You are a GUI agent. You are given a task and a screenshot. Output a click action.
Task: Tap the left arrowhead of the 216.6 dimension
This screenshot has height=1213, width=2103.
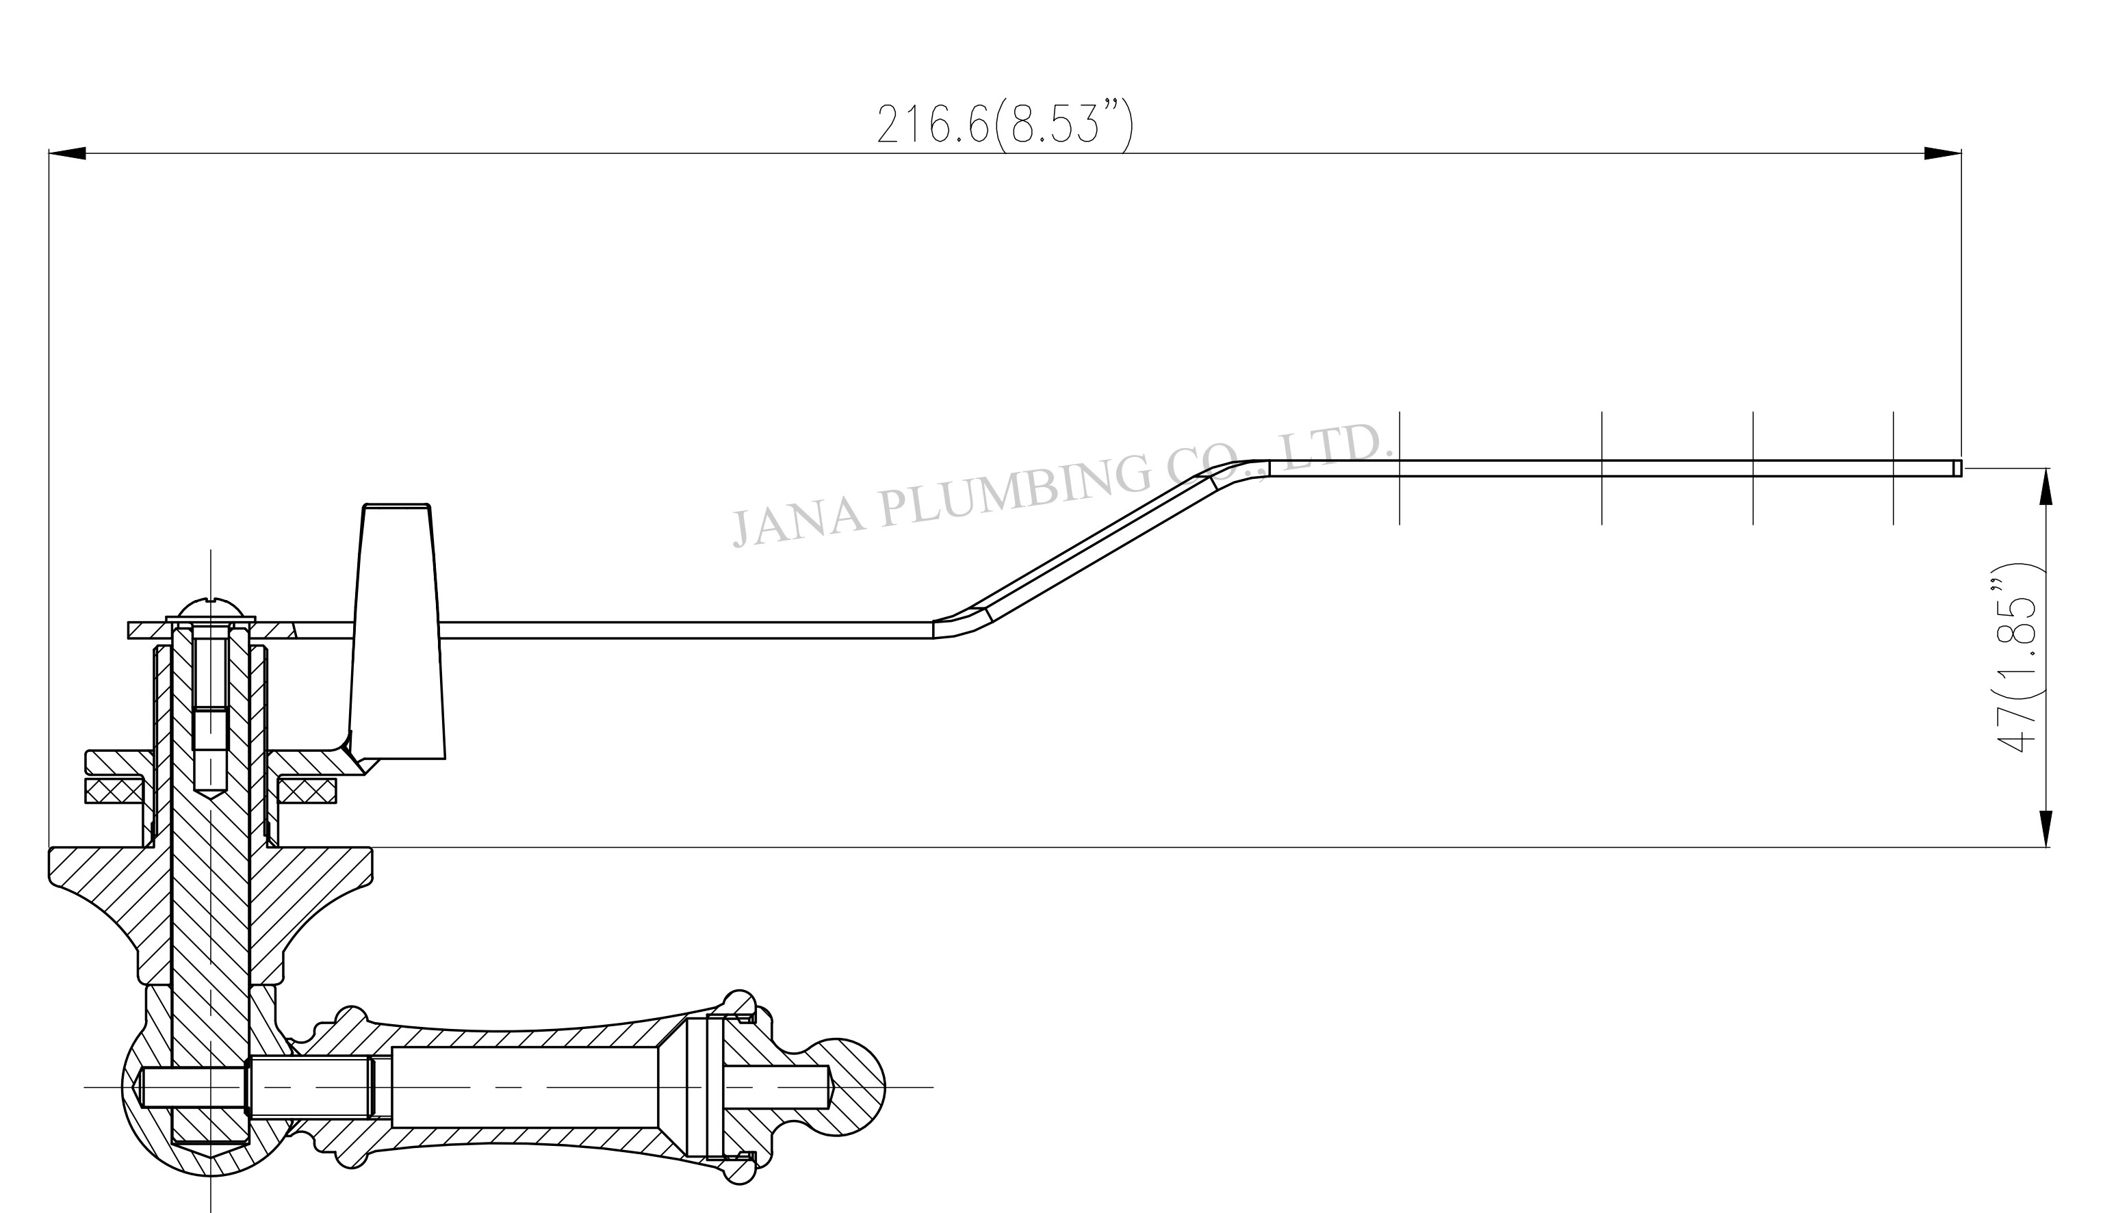pyautogui.click(x=68, y=153)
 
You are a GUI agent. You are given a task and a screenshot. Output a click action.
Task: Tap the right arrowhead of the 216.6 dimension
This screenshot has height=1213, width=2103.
pyautogui.click(x=1942, y=153)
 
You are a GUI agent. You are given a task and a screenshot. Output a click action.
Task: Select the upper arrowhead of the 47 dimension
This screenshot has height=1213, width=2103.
pyautogui.click(x=2045, y=486)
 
